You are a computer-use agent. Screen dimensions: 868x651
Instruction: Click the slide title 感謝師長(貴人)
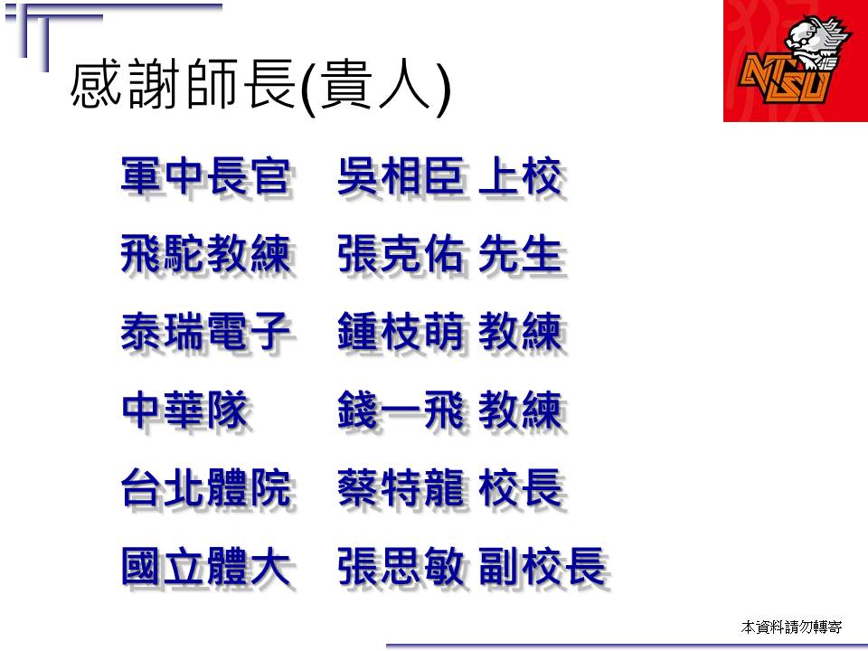[x=260, y=87]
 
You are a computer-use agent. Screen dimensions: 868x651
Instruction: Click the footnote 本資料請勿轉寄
[x=791, y=627]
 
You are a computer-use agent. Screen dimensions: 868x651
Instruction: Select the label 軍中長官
[x=206, y=177]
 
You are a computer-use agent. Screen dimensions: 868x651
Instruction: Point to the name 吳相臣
[x=401, y=177]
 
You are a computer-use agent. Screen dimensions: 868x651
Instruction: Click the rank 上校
[x=521, y=177]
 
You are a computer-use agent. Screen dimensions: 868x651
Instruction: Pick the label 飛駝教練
[x=206, y=255]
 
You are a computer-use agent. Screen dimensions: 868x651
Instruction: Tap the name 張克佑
[x=401, y=255]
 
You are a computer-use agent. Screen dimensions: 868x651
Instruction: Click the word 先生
[x=521, y=255]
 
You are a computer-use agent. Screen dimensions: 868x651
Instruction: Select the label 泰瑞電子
[x=206, y=332]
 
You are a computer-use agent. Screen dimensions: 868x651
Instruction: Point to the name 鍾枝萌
[x=401, y=332]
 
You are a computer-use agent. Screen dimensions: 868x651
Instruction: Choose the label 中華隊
[x=184, y=410]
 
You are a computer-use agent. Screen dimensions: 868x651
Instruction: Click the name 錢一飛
[x=401, y=410]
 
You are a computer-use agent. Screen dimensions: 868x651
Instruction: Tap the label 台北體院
[x=206, y=488]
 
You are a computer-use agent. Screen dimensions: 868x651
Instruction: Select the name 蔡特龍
[x=401, y=488]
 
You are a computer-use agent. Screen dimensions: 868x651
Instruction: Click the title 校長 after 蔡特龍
[x=521, y=488]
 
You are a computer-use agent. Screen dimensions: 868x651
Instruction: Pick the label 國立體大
[x=206, y=566]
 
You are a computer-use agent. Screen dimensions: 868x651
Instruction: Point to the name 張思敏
[x=401, y=566]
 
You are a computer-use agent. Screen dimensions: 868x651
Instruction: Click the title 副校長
[x=542, y=566]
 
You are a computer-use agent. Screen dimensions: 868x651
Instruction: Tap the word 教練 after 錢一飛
[x=521, y=410]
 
